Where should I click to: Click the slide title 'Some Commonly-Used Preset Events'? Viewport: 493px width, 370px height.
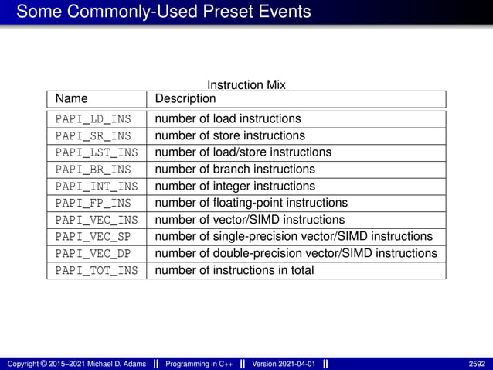163,12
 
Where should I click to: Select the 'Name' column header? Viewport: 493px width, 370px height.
72,99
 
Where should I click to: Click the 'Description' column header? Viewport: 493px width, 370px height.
185,99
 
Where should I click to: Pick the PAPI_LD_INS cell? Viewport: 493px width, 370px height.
93,119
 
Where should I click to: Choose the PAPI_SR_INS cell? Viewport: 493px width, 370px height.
93,136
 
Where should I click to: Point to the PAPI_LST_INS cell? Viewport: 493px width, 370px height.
96,152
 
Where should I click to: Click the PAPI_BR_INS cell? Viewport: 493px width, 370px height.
93,170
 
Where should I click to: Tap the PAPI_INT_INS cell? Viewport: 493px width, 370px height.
96,187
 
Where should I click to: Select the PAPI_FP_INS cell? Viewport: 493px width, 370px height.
93,204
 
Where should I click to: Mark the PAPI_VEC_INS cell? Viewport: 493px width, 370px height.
96,220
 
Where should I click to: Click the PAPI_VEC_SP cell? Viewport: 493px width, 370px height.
93,237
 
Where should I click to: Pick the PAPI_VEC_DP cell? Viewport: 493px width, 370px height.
93,254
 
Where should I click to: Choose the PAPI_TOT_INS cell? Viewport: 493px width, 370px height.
96,271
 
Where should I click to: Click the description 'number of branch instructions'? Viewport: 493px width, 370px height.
235,170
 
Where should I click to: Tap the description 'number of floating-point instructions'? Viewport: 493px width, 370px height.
251,204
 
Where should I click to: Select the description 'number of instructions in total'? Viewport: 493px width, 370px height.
234,271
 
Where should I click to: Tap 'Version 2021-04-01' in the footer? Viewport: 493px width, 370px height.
284,364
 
